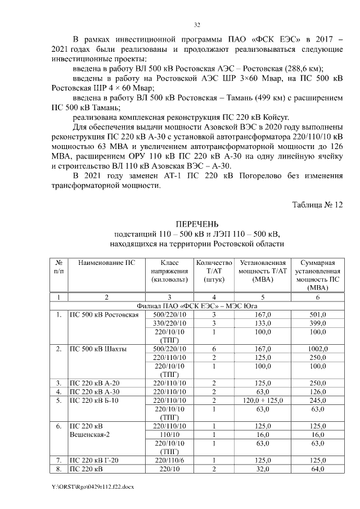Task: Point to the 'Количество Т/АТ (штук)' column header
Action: (213, 271)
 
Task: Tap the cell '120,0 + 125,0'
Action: (262, 400)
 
